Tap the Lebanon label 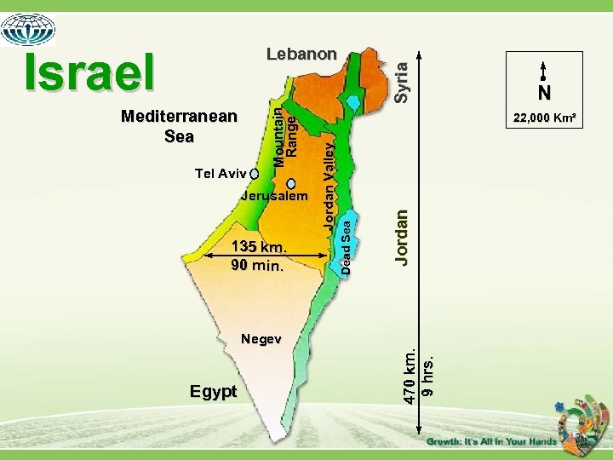301,54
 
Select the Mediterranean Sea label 179,126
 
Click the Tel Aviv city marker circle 255,174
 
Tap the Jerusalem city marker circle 291,183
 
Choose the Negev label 261,339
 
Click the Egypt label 214,391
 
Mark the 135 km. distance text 258,248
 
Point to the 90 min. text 256,265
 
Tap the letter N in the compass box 543,92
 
